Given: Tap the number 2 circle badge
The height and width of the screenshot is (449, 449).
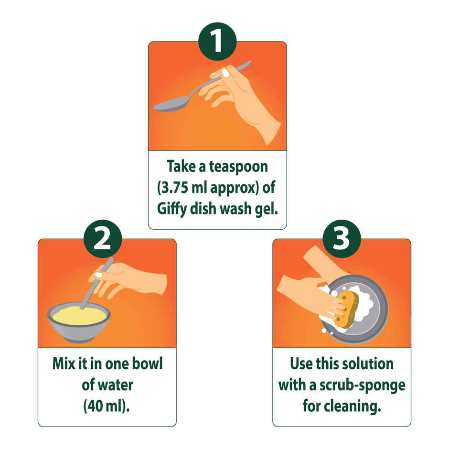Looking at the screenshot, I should coord(102,239).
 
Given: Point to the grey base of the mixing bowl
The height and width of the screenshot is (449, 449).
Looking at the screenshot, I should coord(79,338).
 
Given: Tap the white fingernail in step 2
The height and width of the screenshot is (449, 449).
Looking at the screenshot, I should coord(98,275).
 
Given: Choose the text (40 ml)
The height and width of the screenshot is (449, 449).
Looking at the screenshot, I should coord(107,406).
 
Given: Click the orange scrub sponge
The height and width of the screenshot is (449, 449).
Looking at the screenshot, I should coord(346,310).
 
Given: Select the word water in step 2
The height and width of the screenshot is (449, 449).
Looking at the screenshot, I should coord(115,385).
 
